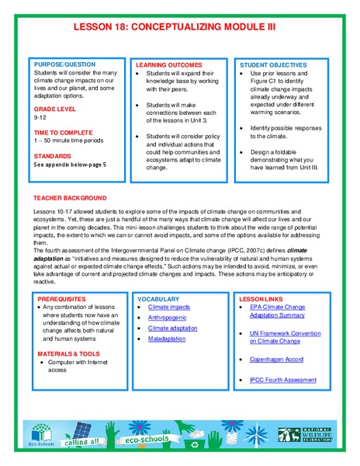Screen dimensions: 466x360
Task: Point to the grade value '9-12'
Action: pos(40,120)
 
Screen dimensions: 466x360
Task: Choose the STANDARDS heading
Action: pos(52,155)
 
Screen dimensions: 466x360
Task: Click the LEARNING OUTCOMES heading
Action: pos(169,65)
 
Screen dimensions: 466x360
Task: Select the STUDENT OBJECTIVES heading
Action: pos(273,65)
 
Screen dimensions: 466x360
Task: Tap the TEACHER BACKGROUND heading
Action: pos(70,198)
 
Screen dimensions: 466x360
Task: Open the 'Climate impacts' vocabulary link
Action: pos(169,308)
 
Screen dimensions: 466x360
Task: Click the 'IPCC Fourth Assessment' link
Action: pos(283,380)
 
